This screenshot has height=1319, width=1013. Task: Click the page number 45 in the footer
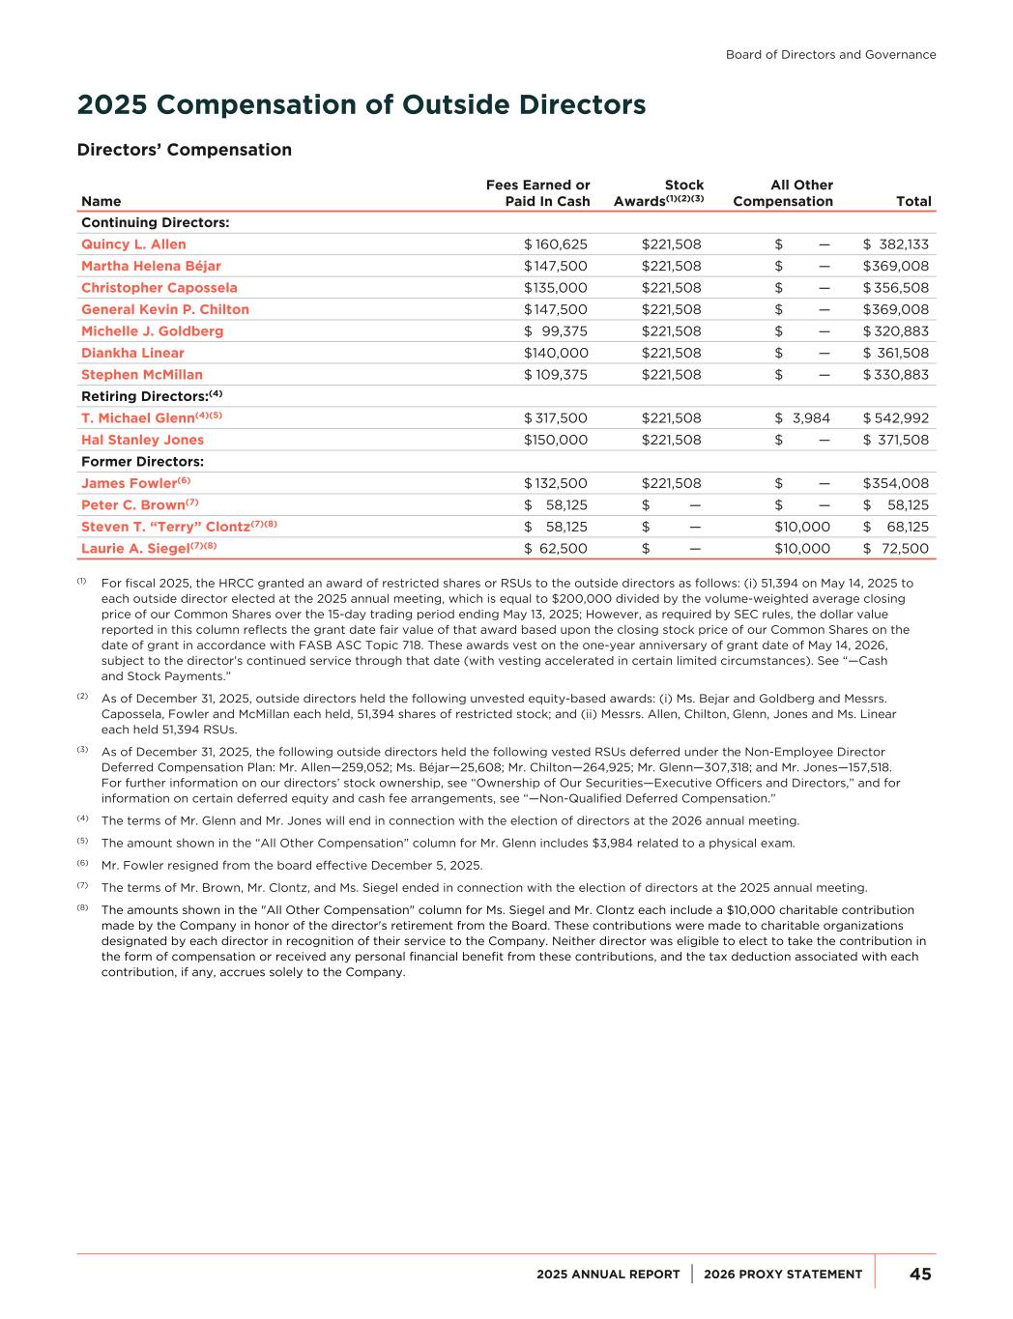click(920, 1274)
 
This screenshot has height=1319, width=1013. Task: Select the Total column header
click(913, 201)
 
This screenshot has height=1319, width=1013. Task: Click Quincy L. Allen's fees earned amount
click(556, 244)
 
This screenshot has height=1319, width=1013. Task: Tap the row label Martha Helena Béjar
click(151, 266)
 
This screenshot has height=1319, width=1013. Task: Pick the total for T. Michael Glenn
click(896, 418)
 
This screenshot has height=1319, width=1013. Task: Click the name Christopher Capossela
click(159, 288)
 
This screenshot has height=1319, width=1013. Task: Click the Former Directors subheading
click(142, 462)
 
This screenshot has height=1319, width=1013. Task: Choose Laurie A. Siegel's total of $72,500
click(896, 549)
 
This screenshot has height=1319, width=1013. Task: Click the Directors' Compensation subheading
click(184, 150)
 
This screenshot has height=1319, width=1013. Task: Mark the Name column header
click(101, 201)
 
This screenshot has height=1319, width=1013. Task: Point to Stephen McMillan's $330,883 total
click(896, 375)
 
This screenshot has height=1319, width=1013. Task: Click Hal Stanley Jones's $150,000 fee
click(556, 440)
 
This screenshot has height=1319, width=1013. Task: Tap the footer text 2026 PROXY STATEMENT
click(783, 1274)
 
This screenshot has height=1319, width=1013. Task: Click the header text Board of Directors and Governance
click(830, 54)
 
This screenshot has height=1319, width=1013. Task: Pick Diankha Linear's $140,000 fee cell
click(556, 353)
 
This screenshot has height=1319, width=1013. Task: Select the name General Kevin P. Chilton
click(164, 309)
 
